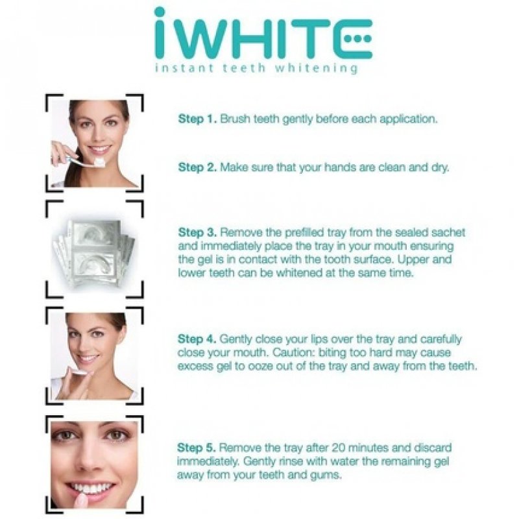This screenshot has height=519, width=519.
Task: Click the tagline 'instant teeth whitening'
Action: coord(256,68)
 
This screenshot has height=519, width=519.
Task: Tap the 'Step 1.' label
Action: coord(197,119)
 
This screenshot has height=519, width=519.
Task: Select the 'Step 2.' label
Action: coord(197,167)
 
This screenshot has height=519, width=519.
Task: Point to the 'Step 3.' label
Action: coord(197,232)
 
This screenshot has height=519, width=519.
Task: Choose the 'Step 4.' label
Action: coord(197,339)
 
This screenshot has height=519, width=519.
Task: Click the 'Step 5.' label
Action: coord(197,448)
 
